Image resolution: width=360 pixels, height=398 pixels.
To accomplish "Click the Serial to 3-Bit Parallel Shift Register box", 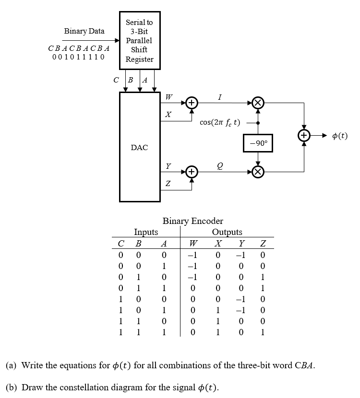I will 140,41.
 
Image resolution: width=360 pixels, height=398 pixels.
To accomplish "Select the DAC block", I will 139,147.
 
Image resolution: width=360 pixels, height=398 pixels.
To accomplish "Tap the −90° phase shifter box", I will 258,143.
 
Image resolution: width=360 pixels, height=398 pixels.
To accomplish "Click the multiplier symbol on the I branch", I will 258,103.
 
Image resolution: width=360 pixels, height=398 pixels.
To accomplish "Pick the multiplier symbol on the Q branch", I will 258,172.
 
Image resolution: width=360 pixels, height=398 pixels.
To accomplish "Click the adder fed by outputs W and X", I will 191,103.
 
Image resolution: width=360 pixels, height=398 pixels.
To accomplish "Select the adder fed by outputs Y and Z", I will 191,172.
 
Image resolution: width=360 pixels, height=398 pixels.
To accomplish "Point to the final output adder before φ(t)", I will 304,136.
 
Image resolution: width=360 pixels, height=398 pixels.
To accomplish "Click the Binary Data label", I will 84,31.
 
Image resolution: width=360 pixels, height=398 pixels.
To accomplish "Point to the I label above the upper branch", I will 219,97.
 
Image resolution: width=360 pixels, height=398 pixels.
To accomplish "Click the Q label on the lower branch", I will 219,166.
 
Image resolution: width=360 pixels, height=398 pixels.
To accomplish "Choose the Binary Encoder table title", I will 193,221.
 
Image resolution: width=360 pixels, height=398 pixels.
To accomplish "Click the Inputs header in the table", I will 146,232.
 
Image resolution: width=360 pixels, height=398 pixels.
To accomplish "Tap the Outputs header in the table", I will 227,232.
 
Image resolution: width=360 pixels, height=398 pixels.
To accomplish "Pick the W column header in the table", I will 192,243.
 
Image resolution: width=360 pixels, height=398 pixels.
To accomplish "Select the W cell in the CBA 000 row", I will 192,255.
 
